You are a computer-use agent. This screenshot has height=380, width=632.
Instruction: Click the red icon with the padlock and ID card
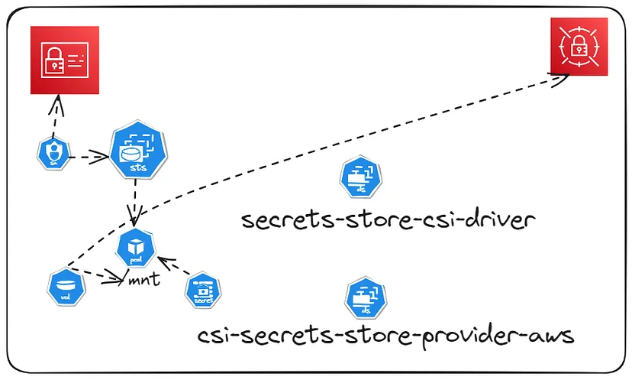pyautogui.click(x=64, y=60)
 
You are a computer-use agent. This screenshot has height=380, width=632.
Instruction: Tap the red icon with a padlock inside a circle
pyautogui.click(x=579, y=47)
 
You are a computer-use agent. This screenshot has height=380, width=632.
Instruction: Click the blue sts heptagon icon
pyautogui.click(x=138, y=150)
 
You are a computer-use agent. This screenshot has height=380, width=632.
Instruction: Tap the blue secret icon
pyautogui.click(x=203, y=291)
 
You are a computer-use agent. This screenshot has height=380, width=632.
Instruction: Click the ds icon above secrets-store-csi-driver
pyautogui.click(x=355, y=177)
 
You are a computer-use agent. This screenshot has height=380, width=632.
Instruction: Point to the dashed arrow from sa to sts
pyautogui.click(x=85, y=158)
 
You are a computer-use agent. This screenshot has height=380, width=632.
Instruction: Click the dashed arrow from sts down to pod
pyautogui.click(x=136, y=202)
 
